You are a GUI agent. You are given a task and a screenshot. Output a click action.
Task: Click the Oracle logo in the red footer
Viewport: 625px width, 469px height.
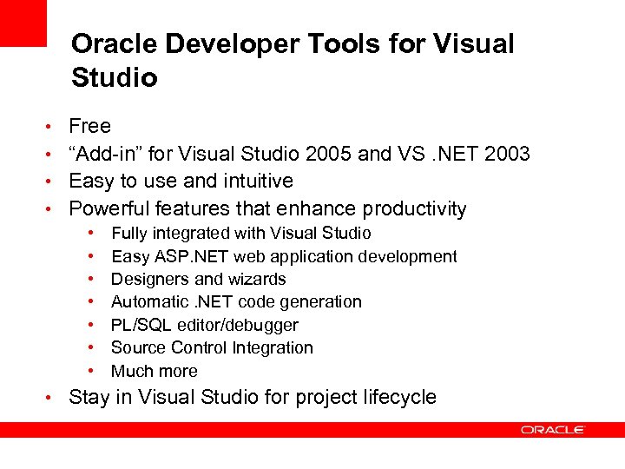pyautogui.click(x=553, y=430)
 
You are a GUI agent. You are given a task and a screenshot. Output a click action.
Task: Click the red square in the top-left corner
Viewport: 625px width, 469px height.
pyautogui.click(x=23, y=23)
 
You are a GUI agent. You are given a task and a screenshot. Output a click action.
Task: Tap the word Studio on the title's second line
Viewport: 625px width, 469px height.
pyautogui.click(x=114, y=78)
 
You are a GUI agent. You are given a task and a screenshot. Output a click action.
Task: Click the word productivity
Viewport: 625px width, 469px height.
pyautogui.click(x=414, y=209)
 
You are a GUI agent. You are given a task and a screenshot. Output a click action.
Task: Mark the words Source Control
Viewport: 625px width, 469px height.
pyautogui.click(x=168, y=347)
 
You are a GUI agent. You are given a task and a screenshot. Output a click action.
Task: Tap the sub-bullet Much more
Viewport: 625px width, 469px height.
pyautogui.click(x=154, y=371)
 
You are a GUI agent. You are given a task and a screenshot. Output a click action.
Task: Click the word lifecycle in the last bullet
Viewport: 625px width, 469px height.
pyautogui.click(x=400, y=398)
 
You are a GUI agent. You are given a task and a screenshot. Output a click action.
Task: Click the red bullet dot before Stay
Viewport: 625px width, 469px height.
pyautogui.click(x=52, y=398)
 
